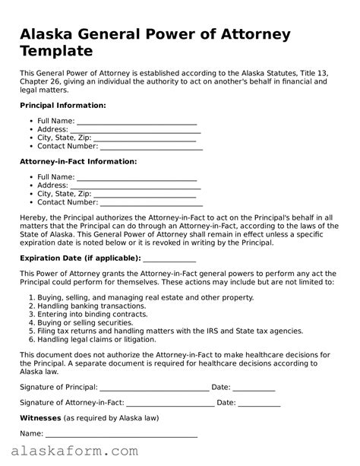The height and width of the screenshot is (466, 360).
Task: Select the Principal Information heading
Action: click(x=62, y=105)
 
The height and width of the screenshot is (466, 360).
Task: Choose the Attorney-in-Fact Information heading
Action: click(x=77, y=161)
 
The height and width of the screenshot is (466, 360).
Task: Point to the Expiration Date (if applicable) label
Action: click(x=80, y=258)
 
